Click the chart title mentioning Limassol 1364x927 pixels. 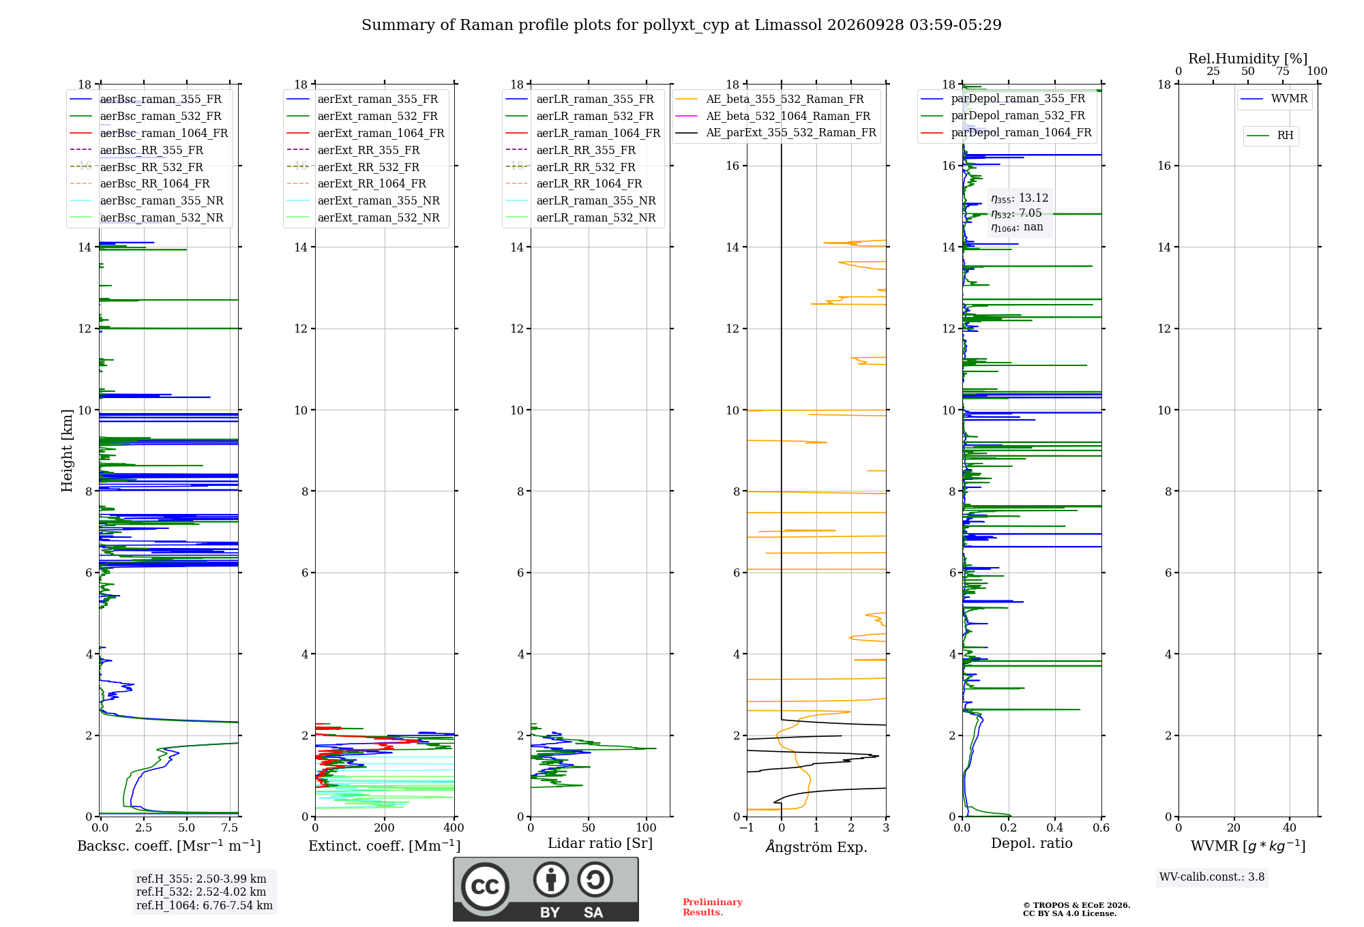pos(681,25)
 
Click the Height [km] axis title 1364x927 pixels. pos(67,451)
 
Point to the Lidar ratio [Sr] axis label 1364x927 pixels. pos(600,843)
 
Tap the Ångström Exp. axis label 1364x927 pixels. pos(816,847)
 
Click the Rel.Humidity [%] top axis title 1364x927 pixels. pos(1247,59)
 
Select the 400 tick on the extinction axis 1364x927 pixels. pos(454,827)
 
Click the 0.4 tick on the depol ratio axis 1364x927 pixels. pos(1055,827)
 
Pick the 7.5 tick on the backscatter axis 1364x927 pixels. pos(230,827)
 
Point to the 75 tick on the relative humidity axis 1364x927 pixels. pos(1283,71)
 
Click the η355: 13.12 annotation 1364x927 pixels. pos(1020,198)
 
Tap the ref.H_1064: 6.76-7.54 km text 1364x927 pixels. pos(205,905)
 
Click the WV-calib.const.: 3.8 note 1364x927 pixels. pos(1212,877)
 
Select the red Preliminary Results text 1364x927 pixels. pos(712,907)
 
